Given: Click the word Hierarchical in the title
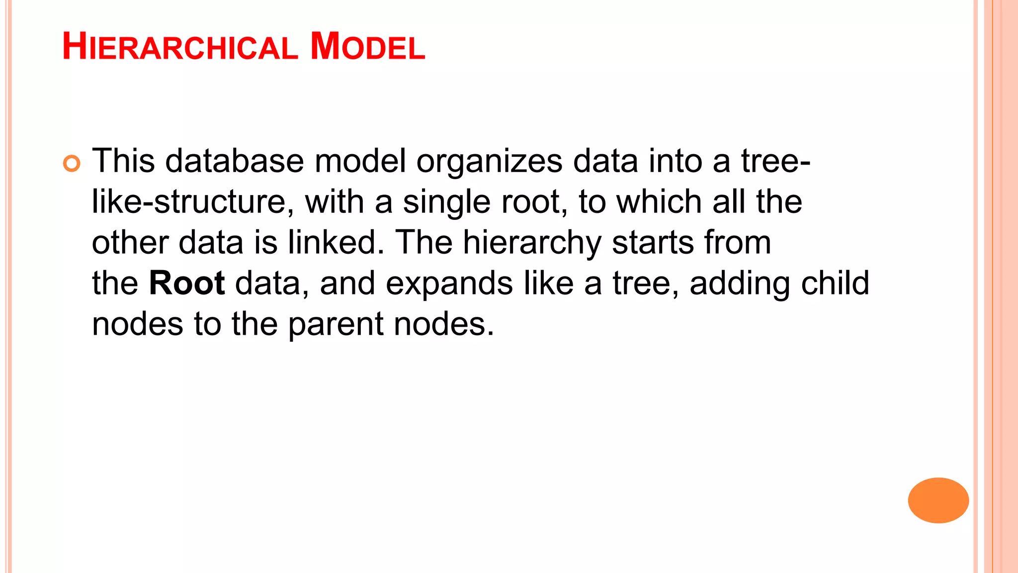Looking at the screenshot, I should (180, 47).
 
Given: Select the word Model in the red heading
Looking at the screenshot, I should (367, 47).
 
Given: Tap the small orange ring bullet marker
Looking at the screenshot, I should (72, 164).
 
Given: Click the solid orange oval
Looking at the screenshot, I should (938, 500).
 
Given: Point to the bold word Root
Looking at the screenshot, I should (187, 283).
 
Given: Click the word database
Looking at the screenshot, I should (234, 161).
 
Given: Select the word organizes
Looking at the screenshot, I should (489, 162).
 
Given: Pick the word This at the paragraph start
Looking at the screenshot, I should (123, 161).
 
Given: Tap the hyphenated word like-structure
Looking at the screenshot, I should (189, 202).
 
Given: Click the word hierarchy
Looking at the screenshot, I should (532, 243).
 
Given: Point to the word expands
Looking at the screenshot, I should (449, 284).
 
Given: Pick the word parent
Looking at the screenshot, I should (336, 325).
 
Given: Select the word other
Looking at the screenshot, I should (130, 242).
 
